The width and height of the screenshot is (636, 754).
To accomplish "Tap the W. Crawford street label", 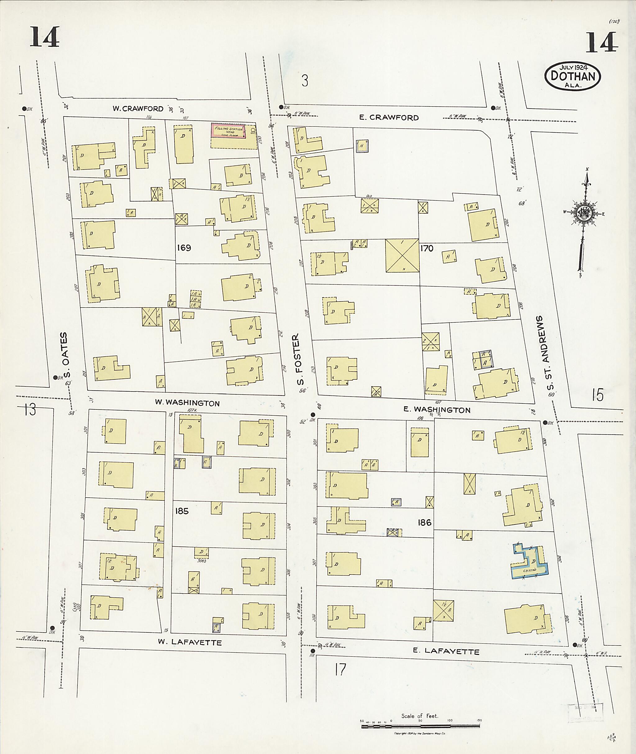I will [138, 108].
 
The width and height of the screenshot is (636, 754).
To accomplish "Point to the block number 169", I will [184, 248].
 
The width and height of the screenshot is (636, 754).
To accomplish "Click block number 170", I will [426, 248].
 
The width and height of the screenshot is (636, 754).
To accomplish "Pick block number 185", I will [182, 511].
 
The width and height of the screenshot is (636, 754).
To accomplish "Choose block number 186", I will [424, 522].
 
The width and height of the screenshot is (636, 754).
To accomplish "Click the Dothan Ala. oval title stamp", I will [573, 76].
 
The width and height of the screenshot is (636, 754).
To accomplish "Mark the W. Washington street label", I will [187, 403].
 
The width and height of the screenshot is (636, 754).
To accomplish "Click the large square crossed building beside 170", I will [402, 255].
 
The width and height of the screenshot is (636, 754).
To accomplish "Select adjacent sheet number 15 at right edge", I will [597, 395].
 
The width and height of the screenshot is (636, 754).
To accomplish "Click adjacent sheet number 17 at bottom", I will [340, 669].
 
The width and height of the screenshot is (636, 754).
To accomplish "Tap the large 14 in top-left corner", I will [44, 38].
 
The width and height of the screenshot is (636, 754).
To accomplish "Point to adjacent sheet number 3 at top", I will [305, 81].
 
